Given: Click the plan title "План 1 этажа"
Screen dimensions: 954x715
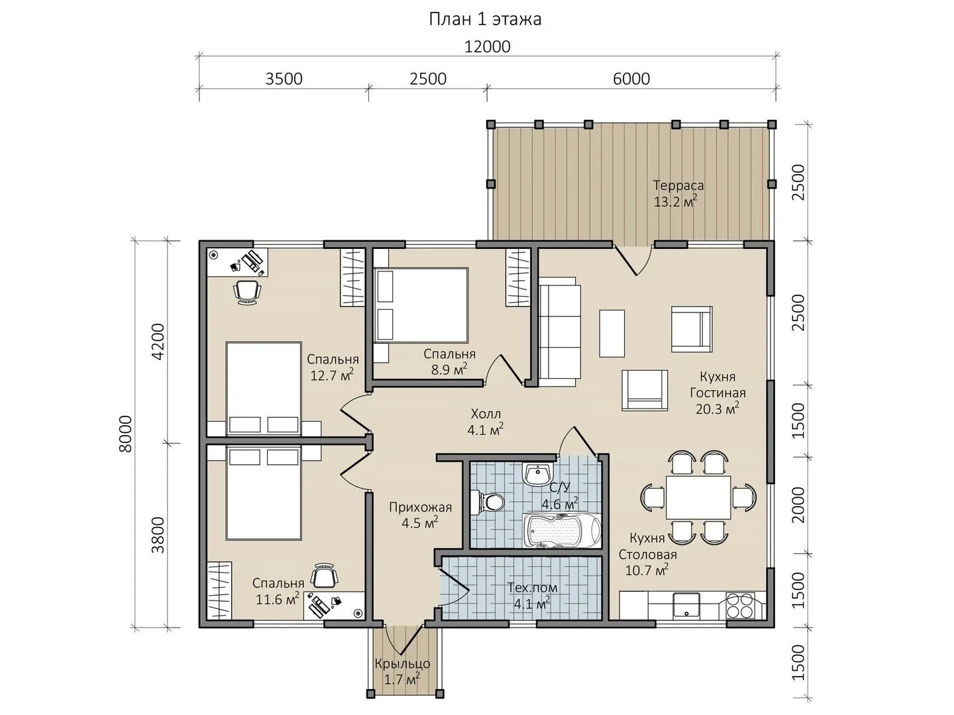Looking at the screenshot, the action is [485, 20].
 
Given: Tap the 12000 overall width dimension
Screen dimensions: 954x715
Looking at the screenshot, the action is [487, 46].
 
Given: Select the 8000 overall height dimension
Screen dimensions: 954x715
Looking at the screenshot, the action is [126, 434].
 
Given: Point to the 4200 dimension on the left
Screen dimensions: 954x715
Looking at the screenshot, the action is [158, 341].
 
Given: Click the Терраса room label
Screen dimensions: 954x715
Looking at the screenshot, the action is [678, 185].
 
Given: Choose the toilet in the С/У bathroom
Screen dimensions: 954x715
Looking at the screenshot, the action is [488, 502].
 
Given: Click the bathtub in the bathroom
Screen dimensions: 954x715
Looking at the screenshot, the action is [562, 530].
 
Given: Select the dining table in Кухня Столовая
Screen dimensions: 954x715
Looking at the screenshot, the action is [698, 497].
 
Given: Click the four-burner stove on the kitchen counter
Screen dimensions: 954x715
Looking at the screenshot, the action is [740, 605].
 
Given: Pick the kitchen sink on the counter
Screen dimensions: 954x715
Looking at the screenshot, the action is [687, 606].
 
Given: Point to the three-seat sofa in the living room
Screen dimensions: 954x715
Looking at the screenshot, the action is [560, 332].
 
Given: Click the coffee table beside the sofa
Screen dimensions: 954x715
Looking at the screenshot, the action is [612, 333].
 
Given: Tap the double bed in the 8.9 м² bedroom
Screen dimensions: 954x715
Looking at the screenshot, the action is [421, 306].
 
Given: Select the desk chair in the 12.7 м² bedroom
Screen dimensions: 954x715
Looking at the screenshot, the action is [248, 291].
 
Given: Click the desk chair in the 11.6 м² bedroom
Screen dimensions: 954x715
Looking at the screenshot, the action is [324, 576].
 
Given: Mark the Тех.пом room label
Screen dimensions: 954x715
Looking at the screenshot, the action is [533, 588].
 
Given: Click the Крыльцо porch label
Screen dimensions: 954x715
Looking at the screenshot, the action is [402, 664].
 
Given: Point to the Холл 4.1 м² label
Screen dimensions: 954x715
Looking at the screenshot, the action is [486, 421].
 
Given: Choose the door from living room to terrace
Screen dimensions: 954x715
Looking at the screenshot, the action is [633, 260].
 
